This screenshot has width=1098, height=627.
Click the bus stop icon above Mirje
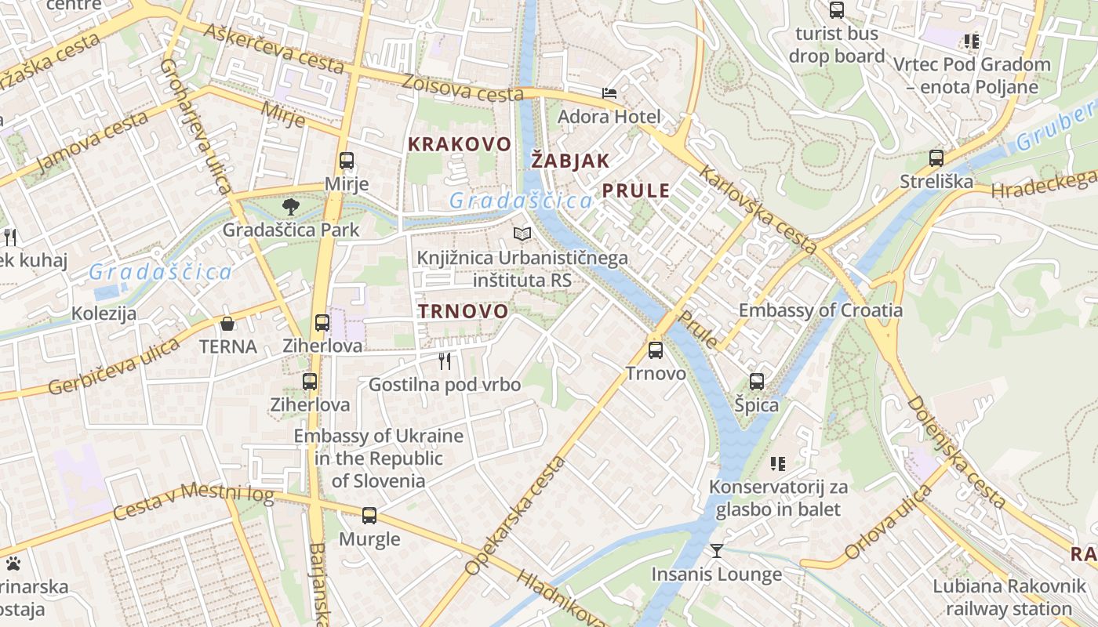346,161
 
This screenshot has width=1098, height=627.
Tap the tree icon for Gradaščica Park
291,207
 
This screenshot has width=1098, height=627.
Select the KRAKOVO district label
460,144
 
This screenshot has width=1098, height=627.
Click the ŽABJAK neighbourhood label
570,161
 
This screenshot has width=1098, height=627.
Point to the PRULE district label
636,190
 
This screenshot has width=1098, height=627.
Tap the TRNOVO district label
463,311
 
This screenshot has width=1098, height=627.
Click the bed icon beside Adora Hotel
609,93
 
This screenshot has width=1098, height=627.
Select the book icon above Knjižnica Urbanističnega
522,234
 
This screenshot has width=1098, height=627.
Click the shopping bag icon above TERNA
227,323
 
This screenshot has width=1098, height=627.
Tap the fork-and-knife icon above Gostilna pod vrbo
445,361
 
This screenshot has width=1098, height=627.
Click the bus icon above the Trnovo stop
656,350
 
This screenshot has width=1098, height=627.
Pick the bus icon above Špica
756,382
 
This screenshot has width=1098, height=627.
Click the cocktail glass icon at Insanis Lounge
716,551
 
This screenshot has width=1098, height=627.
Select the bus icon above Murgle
369,516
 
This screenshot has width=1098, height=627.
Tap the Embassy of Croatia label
820,310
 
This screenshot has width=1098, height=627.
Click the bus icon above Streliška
936,158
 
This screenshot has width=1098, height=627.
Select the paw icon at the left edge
13,563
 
